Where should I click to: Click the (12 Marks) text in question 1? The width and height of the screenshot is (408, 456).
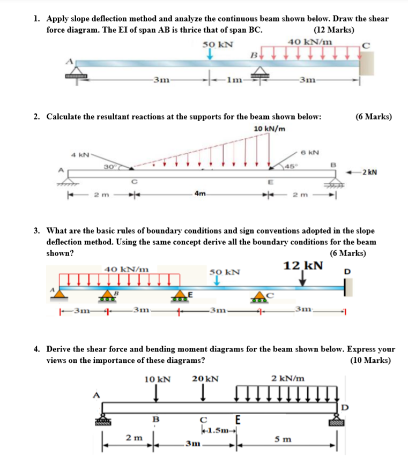point(333,29)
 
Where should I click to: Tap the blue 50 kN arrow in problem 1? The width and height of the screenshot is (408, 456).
point(211,54)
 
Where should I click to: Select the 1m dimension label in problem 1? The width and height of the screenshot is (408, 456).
point(234,81)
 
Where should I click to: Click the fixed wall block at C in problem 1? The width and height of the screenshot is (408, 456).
point(366,63)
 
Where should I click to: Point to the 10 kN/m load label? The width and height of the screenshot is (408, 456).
point(269,129)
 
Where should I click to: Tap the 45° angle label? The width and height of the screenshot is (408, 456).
point(290,165)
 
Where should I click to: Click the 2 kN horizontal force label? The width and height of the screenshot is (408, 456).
point(369,172)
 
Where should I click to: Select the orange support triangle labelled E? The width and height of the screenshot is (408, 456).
point(180,295)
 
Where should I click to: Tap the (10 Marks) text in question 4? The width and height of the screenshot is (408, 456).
point(370,360)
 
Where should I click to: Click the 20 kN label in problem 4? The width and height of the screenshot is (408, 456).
point(205,379)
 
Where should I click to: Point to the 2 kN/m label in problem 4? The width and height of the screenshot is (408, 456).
point(288,378)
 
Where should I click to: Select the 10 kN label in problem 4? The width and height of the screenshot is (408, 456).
point(157,379)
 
